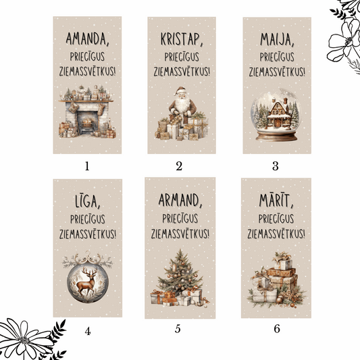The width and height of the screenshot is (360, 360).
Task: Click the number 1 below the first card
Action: (x=87, y=164)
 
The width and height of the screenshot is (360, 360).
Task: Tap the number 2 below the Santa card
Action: (x=179, y=164)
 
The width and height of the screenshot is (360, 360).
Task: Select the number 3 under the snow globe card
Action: (x=276, y=164)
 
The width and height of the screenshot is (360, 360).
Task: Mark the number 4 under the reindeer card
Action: (x=88, y=331)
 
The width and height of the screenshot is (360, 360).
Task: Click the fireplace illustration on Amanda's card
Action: (x=86, y=117)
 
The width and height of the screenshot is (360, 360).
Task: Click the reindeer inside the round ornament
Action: (x=87, y=282)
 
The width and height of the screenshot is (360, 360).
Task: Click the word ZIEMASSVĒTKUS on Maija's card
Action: (x=276, y=71)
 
